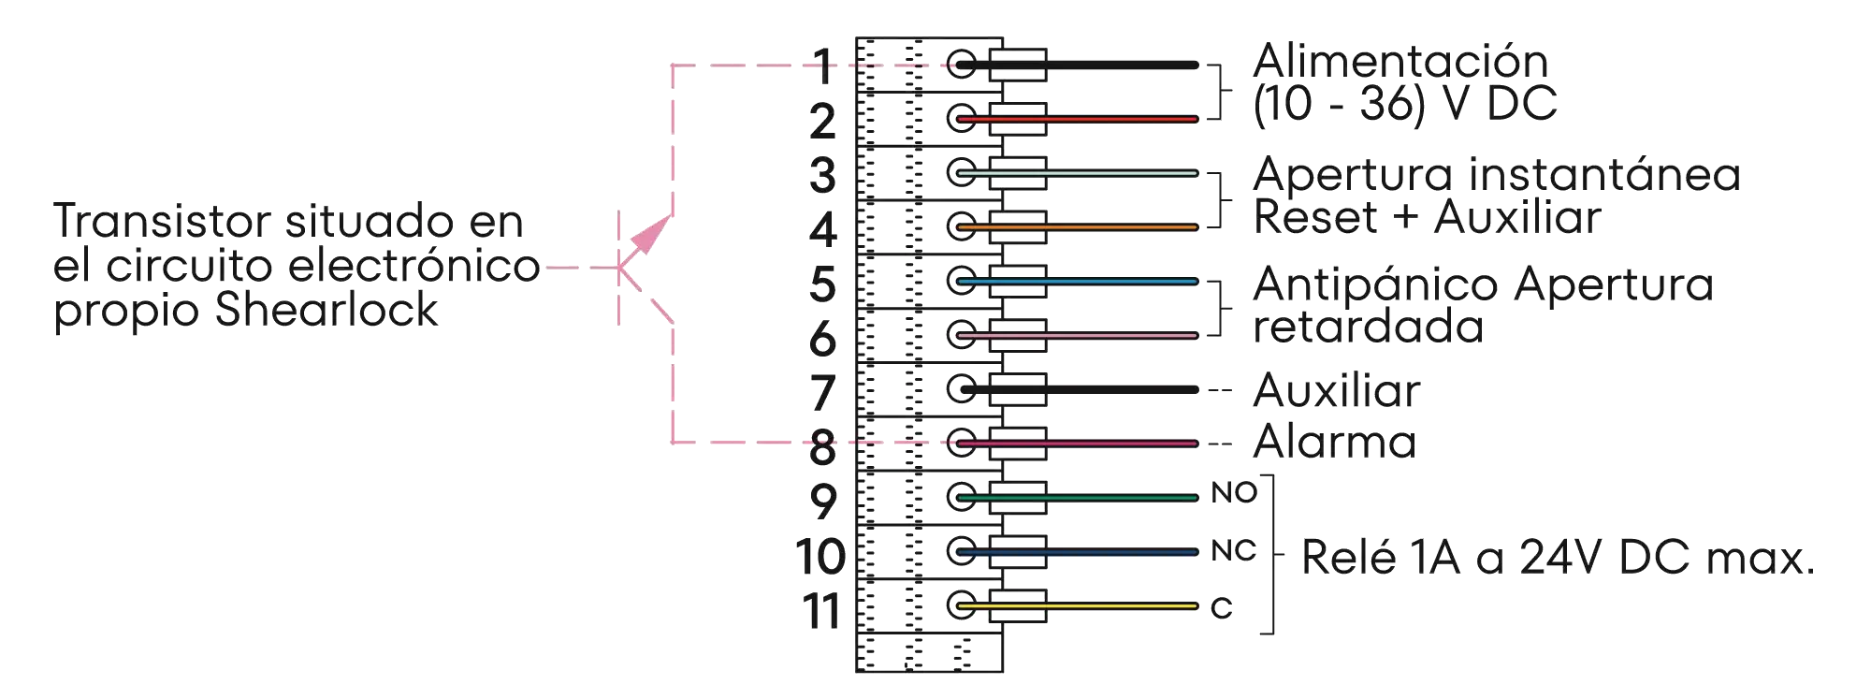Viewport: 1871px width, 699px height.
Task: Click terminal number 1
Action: coord(822,66)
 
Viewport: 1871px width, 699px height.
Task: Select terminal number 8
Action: coord(822,446)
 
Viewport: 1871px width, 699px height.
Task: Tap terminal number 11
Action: coord(819,611)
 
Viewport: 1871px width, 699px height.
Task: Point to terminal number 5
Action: coord(822,284)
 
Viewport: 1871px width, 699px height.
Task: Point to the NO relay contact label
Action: coord(1233,494)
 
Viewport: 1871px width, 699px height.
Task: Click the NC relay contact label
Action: coord(1233,551)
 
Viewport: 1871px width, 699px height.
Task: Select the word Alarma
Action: coord(1332,443)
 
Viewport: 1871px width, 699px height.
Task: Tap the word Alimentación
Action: coord(1400,63)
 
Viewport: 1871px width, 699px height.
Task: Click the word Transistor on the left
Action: coord(162,223)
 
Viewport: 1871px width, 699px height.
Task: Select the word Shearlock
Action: coord(327,311)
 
